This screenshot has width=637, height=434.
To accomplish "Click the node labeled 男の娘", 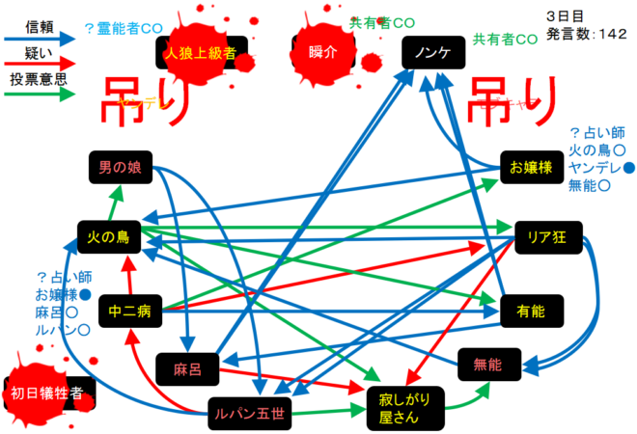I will pos(119,168).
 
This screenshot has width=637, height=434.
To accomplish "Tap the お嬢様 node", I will pos(531,168).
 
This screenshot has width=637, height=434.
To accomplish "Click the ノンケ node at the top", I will pos(432,53).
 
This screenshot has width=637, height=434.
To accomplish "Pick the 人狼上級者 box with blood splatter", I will pos(201,53).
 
